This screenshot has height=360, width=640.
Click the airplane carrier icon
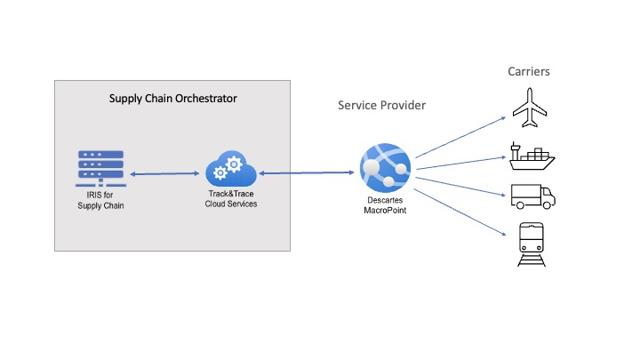533,108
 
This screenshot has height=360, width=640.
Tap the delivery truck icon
533,195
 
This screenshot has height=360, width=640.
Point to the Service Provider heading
381,105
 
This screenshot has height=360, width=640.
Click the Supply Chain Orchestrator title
172,99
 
